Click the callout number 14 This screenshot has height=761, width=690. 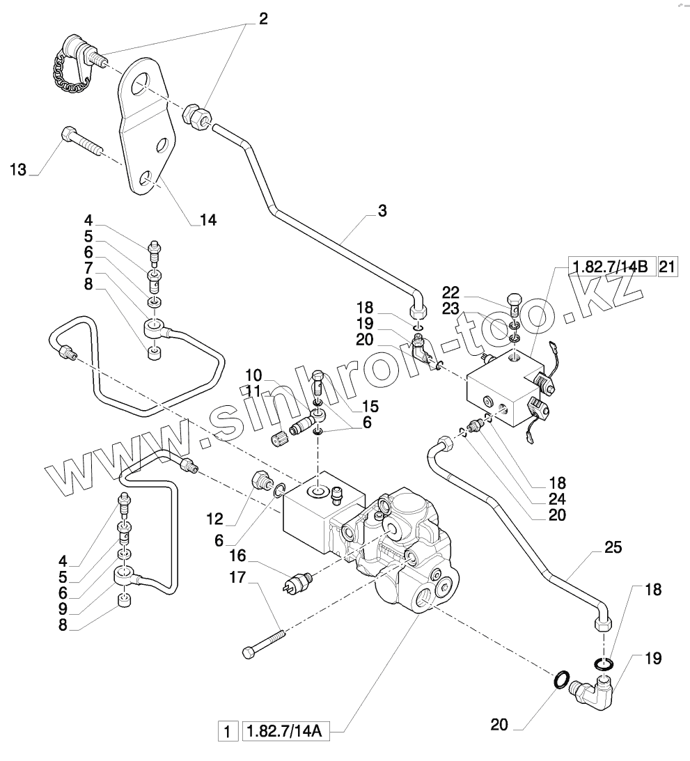[x=207, y=220]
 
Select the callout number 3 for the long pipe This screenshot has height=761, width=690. [x=382, y=210]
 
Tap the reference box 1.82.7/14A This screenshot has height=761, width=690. [x=285, y=732]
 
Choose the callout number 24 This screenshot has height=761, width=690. [x=557, y=499]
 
